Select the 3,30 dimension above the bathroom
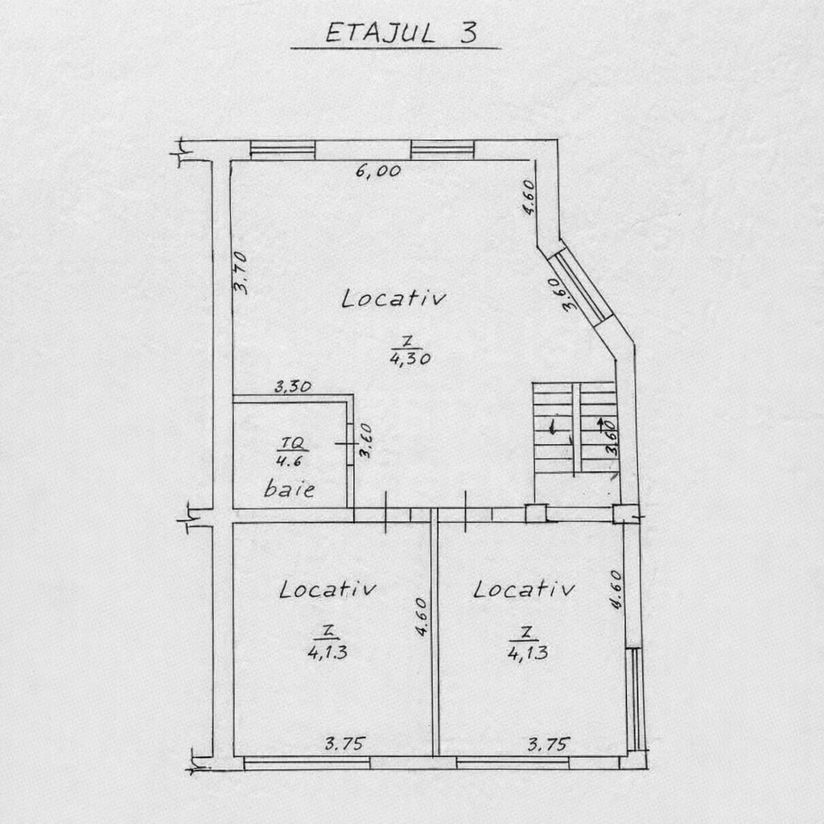point(293,387)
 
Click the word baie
point(289,488)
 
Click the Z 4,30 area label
point(410,352)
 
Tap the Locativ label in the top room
point(393,299)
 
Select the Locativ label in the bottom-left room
point(328,589)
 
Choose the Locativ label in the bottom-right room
point(524,589)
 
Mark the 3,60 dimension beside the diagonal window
point(571,294)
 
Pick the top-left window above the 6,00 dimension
point(282,150)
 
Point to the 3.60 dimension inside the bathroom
point(365,441)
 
